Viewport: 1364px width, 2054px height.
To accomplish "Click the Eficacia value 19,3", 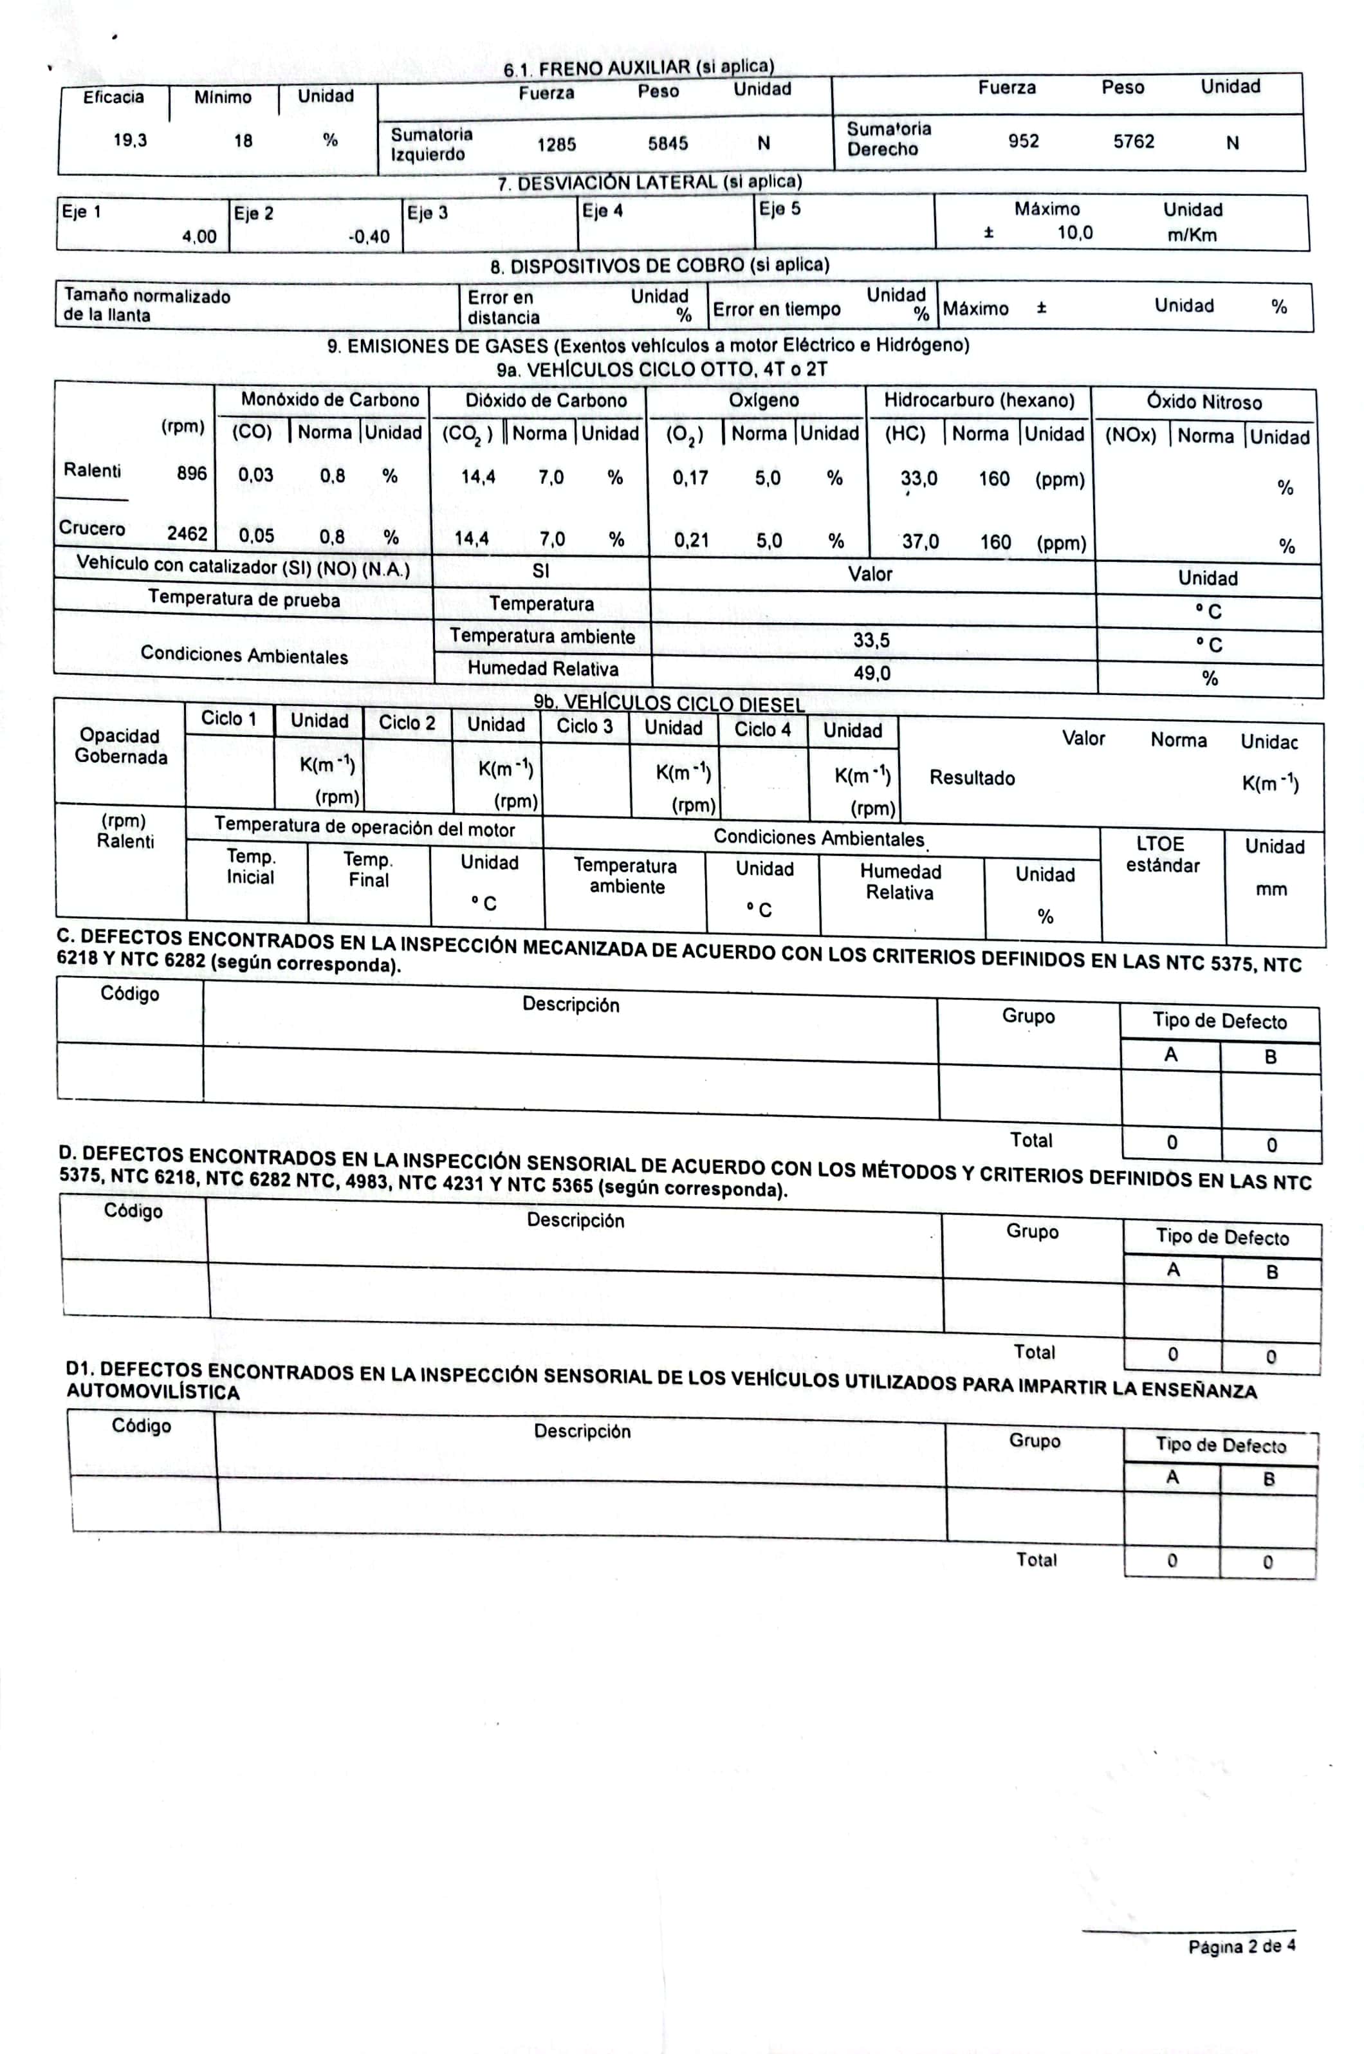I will [x=131, y=140].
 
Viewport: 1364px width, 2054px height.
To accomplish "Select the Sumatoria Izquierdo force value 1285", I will [x=556, y=144].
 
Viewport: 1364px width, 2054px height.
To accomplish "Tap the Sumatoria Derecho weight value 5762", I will [x=1134, y=141].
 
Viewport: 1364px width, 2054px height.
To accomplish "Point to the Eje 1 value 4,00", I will [x=199, y=237].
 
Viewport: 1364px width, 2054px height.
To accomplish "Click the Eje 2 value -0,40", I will [x=369, y=237].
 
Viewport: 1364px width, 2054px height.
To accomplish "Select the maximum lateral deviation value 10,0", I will [x=1075, y=233].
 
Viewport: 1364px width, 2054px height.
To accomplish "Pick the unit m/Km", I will [x=1192, y=235].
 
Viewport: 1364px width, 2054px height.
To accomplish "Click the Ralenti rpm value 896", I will [x=191, y=473].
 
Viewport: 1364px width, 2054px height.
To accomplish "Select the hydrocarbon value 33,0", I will [x=919, y=479].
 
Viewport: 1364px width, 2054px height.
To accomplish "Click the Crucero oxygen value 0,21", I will [x=692, y=541].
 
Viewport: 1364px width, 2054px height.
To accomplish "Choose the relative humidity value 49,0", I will [x=872, y=673].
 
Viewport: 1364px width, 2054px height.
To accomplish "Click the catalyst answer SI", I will [x=540, y=571].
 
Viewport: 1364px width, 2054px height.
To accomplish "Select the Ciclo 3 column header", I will [x=585, y=726].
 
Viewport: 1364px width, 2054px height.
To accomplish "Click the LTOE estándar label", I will [x=1161, y=855].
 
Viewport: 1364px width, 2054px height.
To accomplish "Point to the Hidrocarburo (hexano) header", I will [x=979, y=400].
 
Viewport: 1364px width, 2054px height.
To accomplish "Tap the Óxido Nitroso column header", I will [x=1203, y=402].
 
